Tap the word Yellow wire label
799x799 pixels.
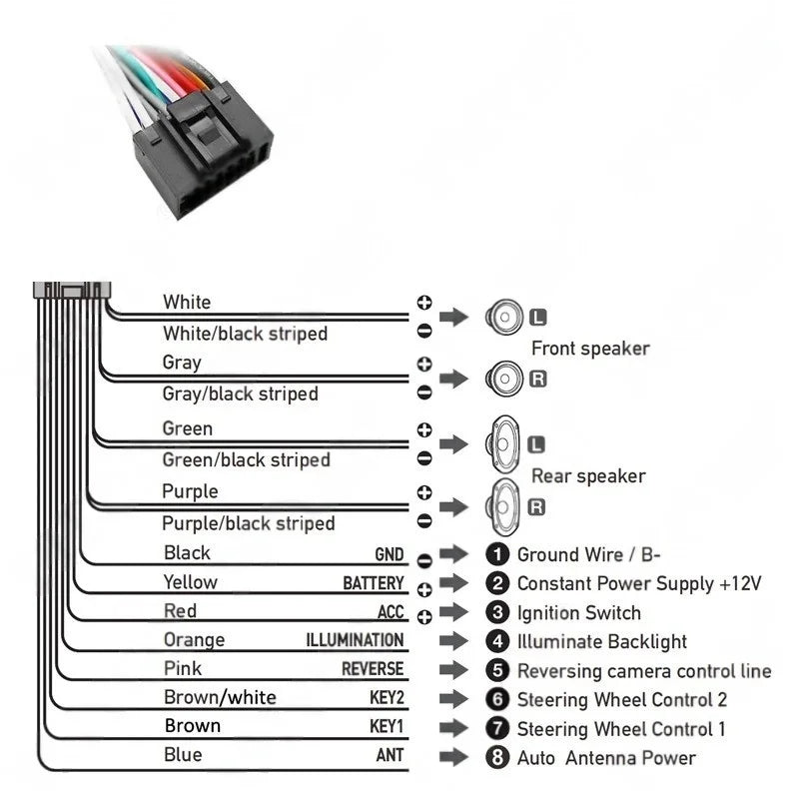pyautogui.click(x=190, y=582)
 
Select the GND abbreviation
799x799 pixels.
pyautogui.click(x=390, y=555)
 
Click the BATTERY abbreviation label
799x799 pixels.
pyautogui.click(x=374, y=583)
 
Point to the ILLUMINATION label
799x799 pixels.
pyautogui.click(x=355, y=640)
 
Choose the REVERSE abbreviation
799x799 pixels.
pyautogui.click(x=373, y=669)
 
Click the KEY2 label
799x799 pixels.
pyautogui.click(x=387, y=698)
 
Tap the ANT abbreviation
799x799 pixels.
pyautogui.click(x=390, y=756)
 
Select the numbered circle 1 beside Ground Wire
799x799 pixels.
pyautogui.click(x=497, y=555)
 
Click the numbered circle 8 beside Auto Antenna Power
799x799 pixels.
pyautogui.click(x=497, y=757)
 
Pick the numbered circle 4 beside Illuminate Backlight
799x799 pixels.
pyautogui.click(x=497, y=641)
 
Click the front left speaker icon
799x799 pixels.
pyautogui.click(x=504, y=319)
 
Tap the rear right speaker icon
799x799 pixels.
pyautogui.click(x=504, y=506)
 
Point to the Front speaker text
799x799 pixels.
pyautogui.click(x=590, y=349)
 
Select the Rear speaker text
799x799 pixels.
pyautogui.click(x=588, y=476)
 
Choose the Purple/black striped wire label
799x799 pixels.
pyautogui.click(x=249, y=523)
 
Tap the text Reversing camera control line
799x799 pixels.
pyautogui.click(x=644, y=671)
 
